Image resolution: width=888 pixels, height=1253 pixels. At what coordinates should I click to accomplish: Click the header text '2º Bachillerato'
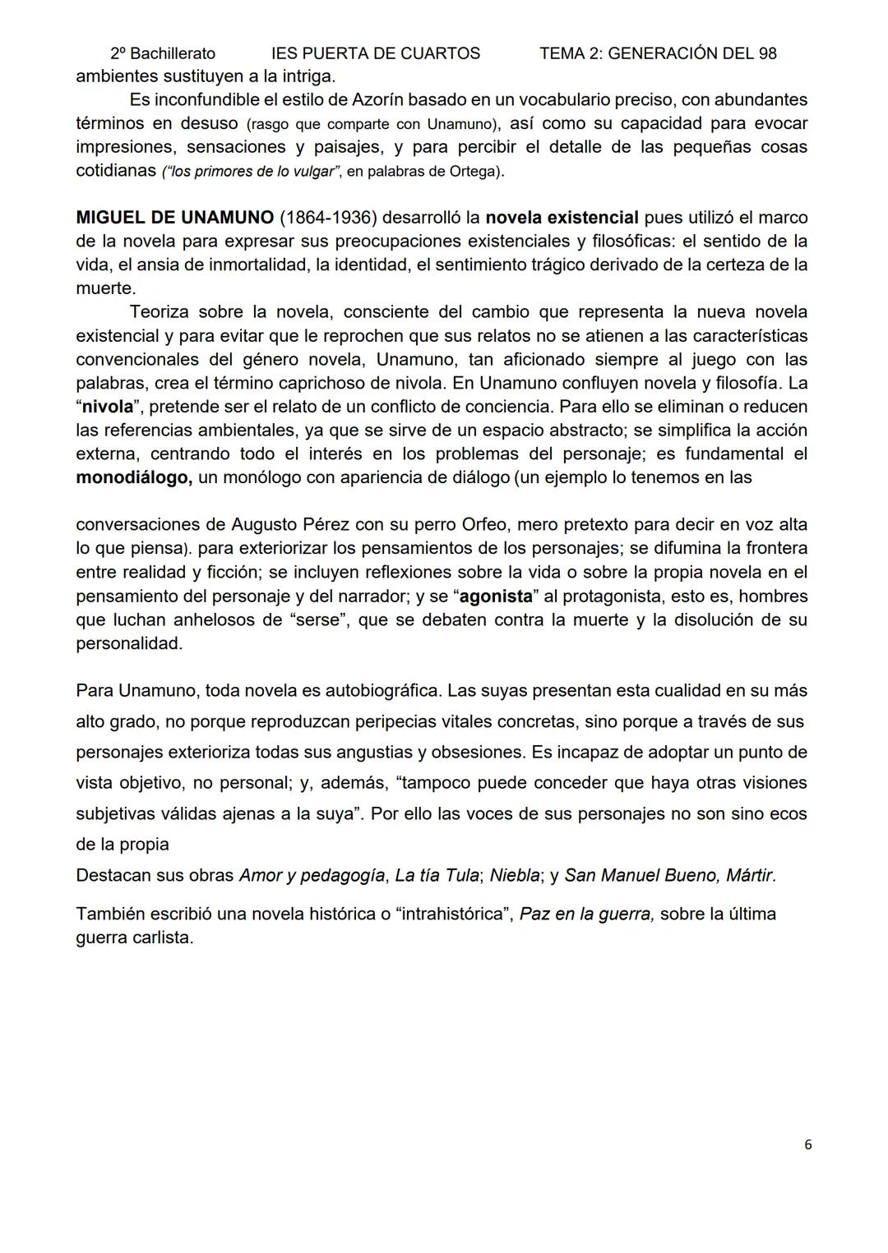(x=163, y=53)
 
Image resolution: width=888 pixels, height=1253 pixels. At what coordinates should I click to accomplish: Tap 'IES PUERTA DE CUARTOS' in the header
(x=376, y=53)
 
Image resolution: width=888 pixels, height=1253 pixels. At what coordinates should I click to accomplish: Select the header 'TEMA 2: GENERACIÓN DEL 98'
(x=658, y=53)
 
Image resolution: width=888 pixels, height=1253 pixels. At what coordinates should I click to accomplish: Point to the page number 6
(x=808, y=1145)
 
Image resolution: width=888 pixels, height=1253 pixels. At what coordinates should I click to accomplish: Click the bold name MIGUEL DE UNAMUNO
(x=174, y=218)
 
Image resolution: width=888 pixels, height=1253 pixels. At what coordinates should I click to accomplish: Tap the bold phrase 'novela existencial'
(x=562, y=218)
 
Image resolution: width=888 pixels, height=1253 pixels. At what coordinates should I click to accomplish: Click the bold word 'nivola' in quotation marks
(x=108, y=407)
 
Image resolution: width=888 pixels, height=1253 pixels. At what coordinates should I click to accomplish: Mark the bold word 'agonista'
(x=496, y=597)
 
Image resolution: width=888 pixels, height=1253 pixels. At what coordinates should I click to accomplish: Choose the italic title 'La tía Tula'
(x=437, y=876)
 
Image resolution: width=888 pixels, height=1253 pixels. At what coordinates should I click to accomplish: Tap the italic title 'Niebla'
(x=515, y=876)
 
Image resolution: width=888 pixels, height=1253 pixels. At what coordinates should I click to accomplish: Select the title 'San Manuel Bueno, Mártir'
(x=668, y=876)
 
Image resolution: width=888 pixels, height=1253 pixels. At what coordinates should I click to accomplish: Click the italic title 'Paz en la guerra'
(x=586, y=914)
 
